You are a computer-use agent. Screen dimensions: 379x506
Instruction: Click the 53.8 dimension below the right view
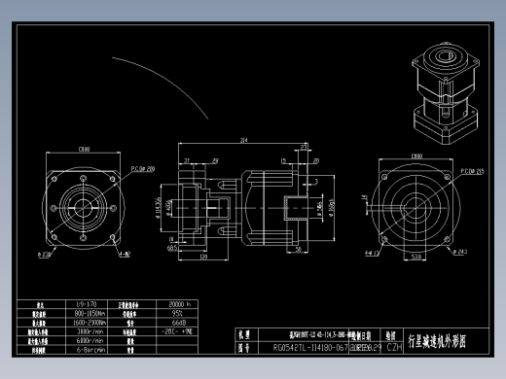pos(416,258)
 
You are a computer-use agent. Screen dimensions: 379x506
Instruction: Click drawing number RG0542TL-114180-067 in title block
pos(308,345)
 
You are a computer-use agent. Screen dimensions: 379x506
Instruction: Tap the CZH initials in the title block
pos(394,345)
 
